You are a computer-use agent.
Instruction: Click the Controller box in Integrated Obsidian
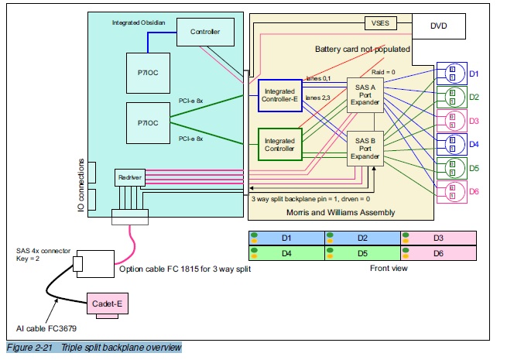pos(200,32)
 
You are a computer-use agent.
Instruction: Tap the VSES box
pos(379,23)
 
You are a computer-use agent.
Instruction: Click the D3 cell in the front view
pos(438,237)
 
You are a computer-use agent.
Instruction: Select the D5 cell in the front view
pos(362,252)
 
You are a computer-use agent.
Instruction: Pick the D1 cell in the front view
pos(286,237)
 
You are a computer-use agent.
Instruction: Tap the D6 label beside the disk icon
pos(474,190)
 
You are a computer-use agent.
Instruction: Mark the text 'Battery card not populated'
pos(362,50)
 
